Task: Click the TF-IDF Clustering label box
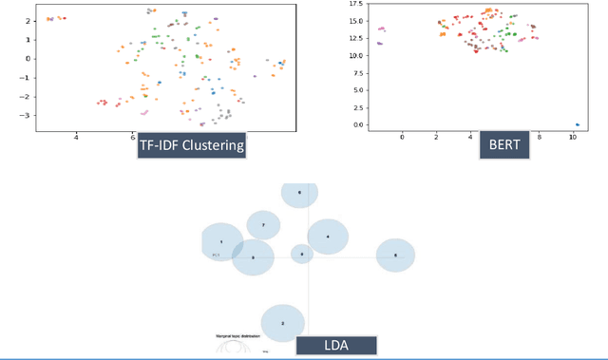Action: point(191,145)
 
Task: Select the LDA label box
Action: point(336,347)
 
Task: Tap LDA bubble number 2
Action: point(282,324)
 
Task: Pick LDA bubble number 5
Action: point(253,257)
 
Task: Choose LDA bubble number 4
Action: point(328,237)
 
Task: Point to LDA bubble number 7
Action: point(263,225)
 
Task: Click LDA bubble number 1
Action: point(221,243)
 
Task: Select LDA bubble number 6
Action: point(300,193)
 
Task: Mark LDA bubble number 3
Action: point(395,256)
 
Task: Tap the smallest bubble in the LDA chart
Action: point(302,254)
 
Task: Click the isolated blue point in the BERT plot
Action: point(578,124)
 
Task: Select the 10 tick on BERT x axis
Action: point(573,137)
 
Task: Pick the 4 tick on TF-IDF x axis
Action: point(76,137)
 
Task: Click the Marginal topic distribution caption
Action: point(239,337)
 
